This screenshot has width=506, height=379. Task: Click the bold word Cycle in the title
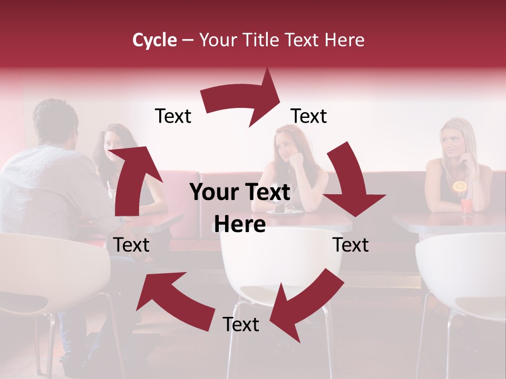coord(154,40)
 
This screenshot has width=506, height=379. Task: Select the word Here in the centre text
coord(240,225)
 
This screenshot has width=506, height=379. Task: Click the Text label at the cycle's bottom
coord(241,325)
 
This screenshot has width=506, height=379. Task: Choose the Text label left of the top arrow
coord(173,116)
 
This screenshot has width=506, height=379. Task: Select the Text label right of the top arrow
coord(309,116)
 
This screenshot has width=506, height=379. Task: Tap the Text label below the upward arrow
coord(131,245)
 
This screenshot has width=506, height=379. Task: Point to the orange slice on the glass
coord(460,186)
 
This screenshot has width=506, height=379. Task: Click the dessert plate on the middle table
coord(285,211)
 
